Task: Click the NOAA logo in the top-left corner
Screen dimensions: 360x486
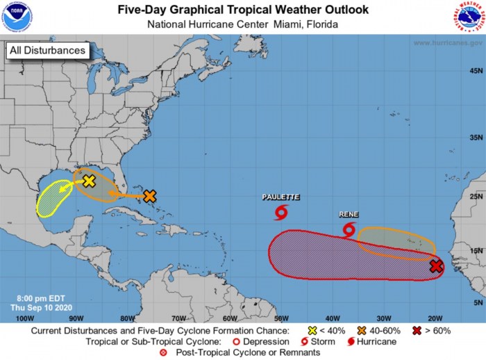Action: tap(17, 17)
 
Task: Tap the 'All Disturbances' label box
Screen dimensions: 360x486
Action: tap(48, 50)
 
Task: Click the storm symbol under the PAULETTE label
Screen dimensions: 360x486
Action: tap(281, 211)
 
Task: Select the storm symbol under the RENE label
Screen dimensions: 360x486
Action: tap(349, 229)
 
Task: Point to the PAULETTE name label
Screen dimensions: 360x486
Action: tap(280, 197)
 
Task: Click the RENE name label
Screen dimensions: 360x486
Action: tap(348, 215)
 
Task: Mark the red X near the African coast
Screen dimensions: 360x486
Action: tap(436, 266)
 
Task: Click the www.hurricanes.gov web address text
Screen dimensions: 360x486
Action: tap(448, 43)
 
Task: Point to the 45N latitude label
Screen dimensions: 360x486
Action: tap(476, 71)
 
